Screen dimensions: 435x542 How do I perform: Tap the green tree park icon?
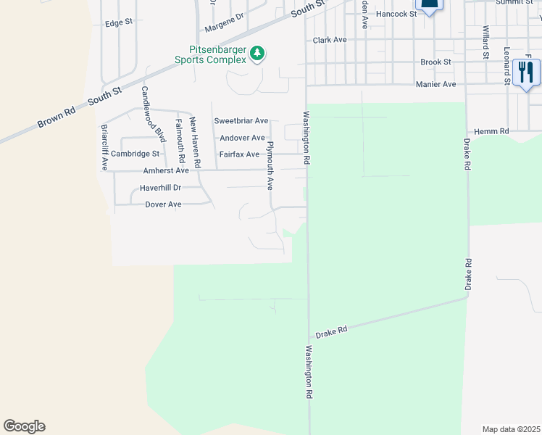[x=257, y=53]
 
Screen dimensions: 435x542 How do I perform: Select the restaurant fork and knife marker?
[x=525, y=72]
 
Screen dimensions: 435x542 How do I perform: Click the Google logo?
[x=24, y=426]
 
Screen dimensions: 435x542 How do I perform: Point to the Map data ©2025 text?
[x=511, y=429]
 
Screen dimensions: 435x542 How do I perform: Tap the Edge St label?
[x=119, y=22]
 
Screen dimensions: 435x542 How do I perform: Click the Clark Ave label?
[x=330, y=40]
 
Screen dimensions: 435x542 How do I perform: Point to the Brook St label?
[x=436, y=62]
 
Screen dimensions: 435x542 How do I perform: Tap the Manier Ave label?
[x=435, y=85]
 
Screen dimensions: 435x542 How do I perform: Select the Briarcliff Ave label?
[x=105, y=148]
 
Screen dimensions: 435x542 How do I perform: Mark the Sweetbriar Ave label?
[x=241, y=120]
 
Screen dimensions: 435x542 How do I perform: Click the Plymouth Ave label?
[x=270, y=165]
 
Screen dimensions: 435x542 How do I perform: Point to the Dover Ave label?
[x=163, y=204]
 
